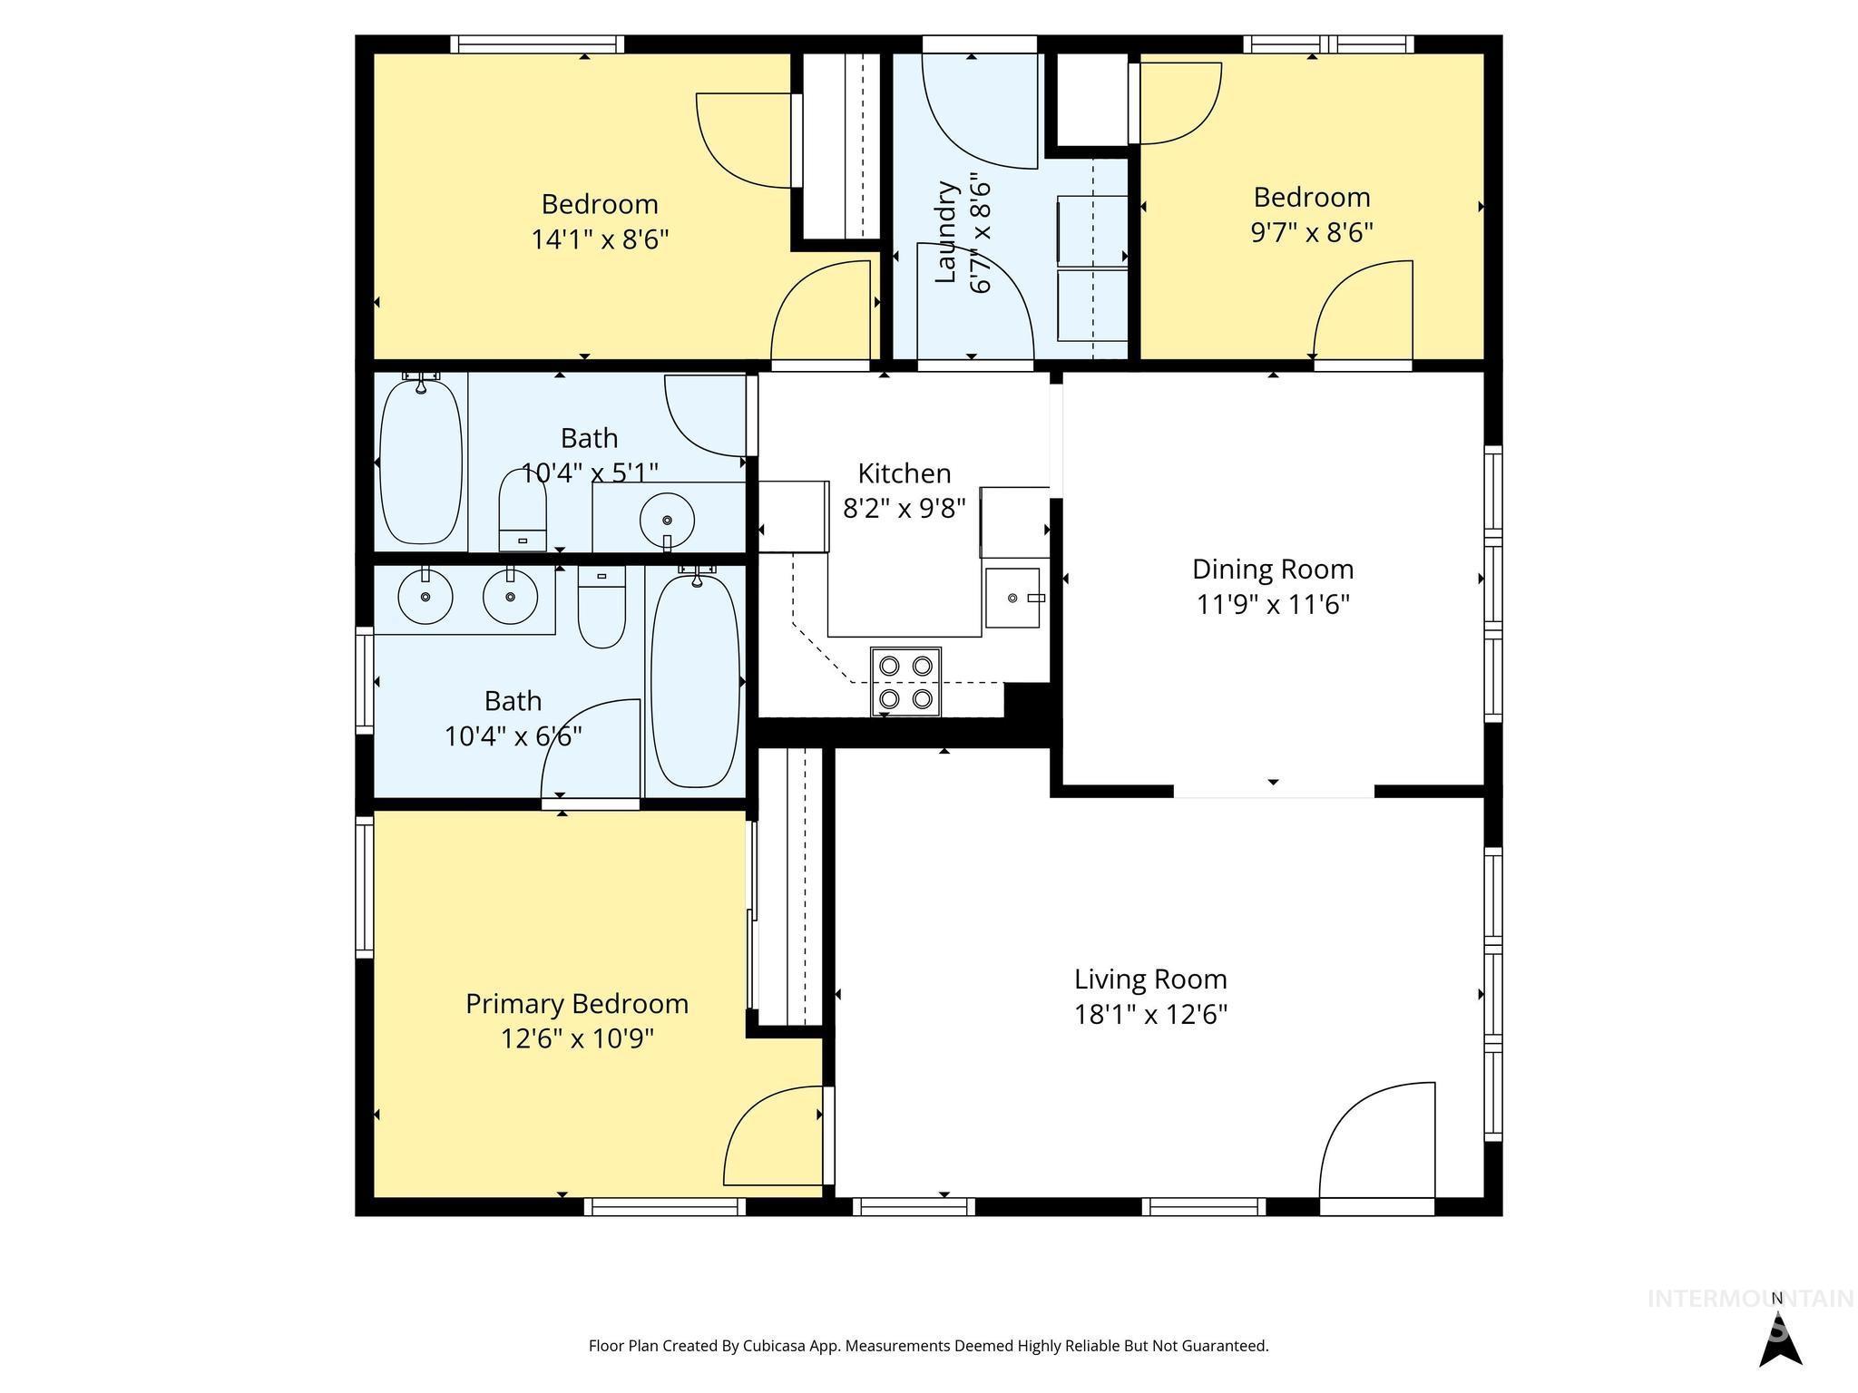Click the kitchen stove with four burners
tap(905, 681)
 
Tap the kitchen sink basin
tap(1012, 599)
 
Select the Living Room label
tap(1150, 979)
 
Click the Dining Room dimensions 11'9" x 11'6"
tap(1273, 604)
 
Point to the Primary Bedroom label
tap(577, 1004)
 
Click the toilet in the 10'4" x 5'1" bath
tap(523, 515)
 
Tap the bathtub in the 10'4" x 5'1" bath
tap(420, 463)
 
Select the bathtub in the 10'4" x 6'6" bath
tap(696, 680)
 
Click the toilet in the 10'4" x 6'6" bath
tap(601, 607)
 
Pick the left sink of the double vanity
tap(425, 598)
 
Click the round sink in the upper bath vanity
tap(667, 521)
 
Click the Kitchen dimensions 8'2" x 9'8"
tap(904, 508)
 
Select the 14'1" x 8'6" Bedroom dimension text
tap(600, 239)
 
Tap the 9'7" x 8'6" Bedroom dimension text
tap(1312, 232)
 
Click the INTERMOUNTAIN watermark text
tap(1749, 1299)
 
